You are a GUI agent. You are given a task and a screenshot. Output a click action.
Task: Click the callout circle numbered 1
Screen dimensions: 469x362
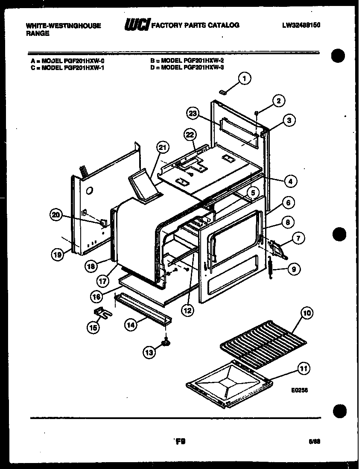[244, 78]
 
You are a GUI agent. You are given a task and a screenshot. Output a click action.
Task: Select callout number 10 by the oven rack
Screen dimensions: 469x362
[307, 313]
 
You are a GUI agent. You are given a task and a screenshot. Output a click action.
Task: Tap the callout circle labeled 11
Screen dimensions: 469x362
[304, 369]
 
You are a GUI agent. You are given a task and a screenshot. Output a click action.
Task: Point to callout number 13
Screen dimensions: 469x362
[149, 352]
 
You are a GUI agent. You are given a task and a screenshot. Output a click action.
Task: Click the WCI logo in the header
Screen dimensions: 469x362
[137, 26]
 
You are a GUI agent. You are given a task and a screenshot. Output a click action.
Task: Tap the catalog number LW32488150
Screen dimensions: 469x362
[301, 25]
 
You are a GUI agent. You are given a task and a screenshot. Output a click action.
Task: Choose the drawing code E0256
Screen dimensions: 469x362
[300, 390]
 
